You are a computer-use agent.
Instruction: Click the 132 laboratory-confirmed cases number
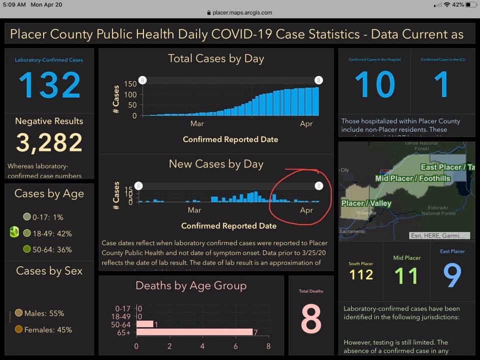point(49,85)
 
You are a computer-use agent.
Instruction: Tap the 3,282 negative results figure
point(49,143)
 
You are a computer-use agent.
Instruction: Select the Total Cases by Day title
point(216,58)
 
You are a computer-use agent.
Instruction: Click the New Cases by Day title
point(216,164)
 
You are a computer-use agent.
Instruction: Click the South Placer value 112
point(361,274)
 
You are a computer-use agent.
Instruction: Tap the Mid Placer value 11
point(405,275)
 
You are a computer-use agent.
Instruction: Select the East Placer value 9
point(452,275)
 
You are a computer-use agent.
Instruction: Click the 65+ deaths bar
point(194,331)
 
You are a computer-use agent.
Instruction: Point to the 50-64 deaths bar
point(145,324)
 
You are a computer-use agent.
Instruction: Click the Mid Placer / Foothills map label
point(412,178)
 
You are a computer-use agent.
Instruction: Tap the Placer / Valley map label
point(366,203)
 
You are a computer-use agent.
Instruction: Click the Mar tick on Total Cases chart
point(196,123)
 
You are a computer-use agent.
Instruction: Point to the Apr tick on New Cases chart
point(306,210)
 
